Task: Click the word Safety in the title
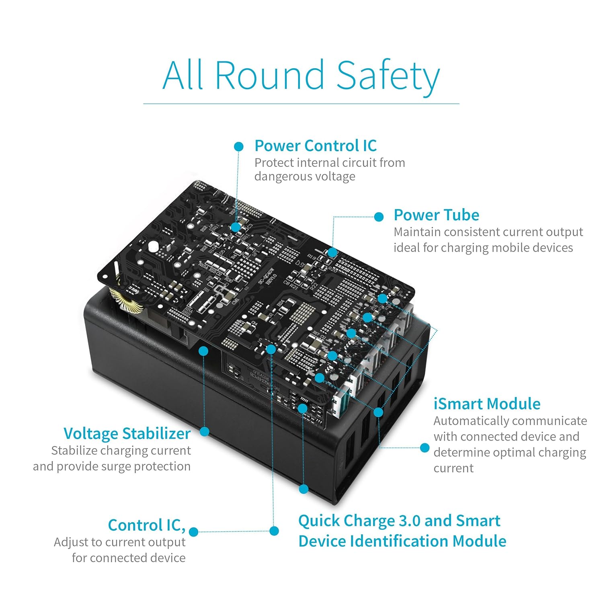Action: (x=388, y=76)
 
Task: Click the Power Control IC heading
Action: (x=316, y=146)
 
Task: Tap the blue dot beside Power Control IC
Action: (x=239, y=146)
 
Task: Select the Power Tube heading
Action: (x=436, y=215)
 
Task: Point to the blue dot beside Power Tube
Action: (x=379, y=217)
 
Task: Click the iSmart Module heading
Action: (x=487, y=404)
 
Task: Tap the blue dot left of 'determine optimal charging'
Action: (x=425, y=448)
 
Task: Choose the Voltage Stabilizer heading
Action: (x=127, y=433)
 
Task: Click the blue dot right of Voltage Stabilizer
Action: (x=205, y=432)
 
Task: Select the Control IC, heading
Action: (x=147, y=525)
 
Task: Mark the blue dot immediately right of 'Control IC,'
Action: (x=193, y=532)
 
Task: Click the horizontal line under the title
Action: (x=301, y=104)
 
